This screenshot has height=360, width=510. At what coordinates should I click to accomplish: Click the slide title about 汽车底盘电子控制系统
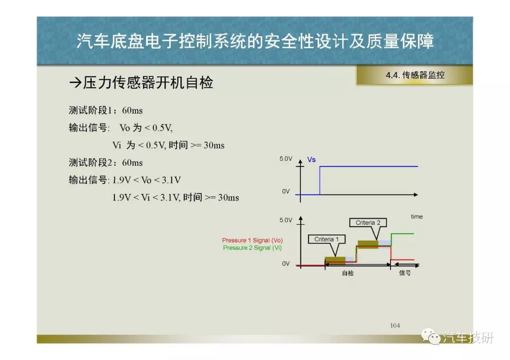tap(255, 41)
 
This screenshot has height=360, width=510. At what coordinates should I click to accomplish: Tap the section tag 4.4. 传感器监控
tap(415, 75)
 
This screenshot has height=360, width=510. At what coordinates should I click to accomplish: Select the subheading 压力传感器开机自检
tap(141, 83)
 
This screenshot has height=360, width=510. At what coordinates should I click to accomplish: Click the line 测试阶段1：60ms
tap(106, 110)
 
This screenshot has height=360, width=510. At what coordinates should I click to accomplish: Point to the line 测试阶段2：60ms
tap(106, 162)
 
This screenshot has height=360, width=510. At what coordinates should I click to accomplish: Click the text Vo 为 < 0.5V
tap(146, 128)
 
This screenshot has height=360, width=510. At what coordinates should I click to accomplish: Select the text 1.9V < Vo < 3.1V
tap(146, 180)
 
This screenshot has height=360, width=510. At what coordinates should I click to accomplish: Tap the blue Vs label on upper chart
tap(311, 159)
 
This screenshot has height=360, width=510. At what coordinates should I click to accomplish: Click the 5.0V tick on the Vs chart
tap(286, 159)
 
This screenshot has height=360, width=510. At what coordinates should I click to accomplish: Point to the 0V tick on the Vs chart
tap(286, 192)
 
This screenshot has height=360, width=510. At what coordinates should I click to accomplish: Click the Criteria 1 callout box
tap(327, 240)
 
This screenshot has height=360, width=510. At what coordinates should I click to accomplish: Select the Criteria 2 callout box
tap(368, 223)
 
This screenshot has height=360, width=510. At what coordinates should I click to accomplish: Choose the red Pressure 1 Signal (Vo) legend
tap(252, 240)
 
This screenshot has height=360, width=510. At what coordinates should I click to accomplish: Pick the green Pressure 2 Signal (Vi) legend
tap(252, 248)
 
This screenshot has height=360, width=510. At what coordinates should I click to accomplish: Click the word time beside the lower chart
tap(416, 217)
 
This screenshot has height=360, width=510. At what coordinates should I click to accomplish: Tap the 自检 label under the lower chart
tap(348, 273)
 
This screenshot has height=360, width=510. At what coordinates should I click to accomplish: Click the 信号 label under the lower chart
tap(405, 273)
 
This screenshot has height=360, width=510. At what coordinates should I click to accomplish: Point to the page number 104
tap(395, 325)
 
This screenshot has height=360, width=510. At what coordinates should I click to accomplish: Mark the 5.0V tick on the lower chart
tap(286, 220)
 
